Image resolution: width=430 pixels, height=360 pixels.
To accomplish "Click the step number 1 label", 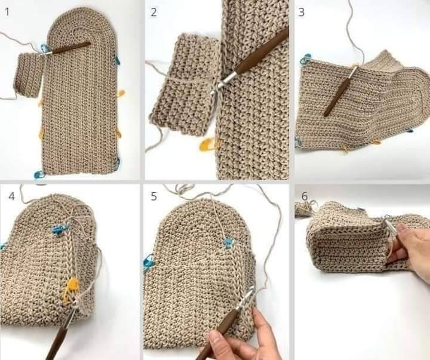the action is tap(7, 12).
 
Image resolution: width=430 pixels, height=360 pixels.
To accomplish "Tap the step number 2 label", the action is tap(154, 13).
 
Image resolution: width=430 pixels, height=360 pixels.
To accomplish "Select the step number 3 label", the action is tap(301, 13).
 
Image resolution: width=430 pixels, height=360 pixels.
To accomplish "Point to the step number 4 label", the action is tap(11, 196).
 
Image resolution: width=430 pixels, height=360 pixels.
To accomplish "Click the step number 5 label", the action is tap(154, 196).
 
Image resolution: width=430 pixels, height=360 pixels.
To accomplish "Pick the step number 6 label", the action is tap(305, 196).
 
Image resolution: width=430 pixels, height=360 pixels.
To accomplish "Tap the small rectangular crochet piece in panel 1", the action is tap(28, 75).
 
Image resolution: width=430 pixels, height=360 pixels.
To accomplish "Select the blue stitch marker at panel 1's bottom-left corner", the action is tap(39, 174).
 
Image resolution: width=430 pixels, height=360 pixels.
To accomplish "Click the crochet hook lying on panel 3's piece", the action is tap(340, 90).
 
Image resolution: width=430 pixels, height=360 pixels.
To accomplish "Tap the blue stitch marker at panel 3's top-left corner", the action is tap(306, 60).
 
